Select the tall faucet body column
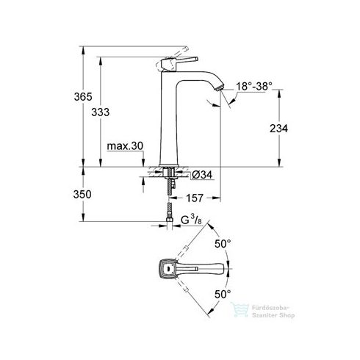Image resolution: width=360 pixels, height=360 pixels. point(170,118)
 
